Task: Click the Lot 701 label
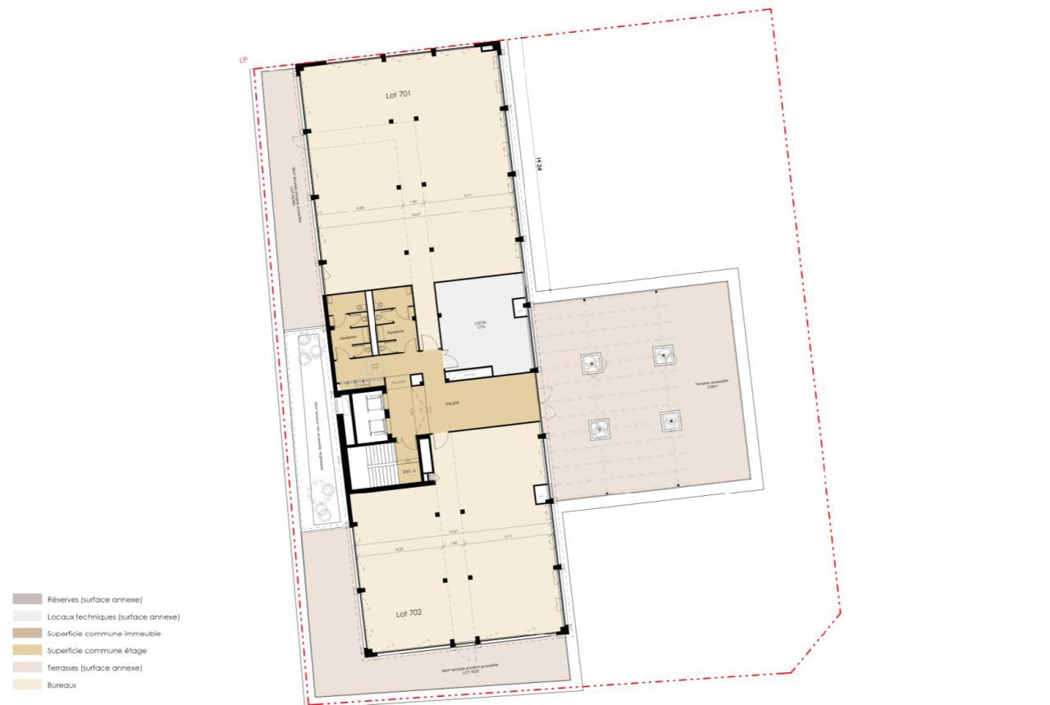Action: [398, 95]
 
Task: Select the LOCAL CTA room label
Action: [481, 325]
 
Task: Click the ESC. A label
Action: [406, 471]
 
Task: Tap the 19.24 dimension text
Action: [540, 164]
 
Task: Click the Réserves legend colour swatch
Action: [27, 599]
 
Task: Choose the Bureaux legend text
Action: [62, 685]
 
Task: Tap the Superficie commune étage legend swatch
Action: [27, 651]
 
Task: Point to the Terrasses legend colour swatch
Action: [27, 668]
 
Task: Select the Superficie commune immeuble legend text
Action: [104, 634]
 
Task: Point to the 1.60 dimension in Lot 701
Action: [413, 201]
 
